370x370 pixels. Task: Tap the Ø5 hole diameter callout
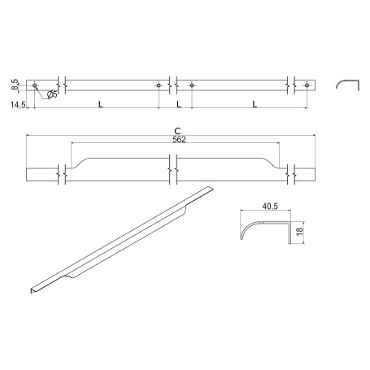(51, 94)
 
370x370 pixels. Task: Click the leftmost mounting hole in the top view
(35, 85)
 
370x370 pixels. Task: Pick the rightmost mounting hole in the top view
(307, 85)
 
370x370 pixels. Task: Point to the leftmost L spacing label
(99, 104)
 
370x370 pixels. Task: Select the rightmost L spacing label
(255, 104)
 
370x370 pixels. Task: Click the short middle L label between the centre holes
(177, 104)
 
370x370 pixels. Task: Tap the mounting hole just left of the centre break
(159, 85)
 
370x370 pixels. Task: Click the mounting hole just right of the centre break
(192, 85)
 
